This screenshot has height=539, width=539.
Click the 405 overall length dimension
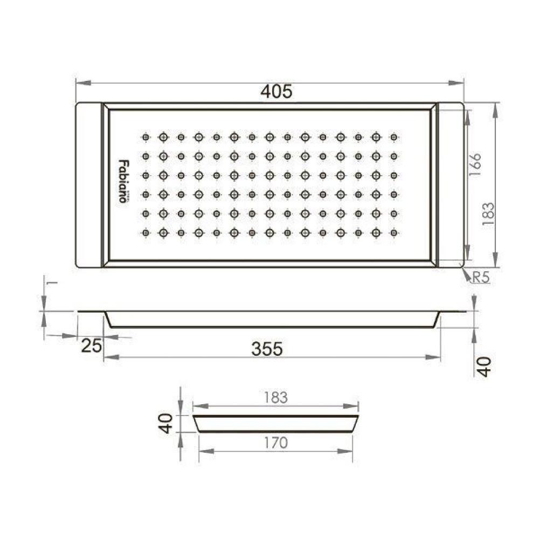tap(277, 92)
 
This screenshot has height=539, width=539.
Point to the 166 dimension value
tap(475, 165)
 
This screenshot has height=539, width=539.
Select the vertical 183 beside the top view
tap(488, 214)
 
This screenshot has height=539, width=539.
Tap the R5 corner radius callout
tap(481, 277)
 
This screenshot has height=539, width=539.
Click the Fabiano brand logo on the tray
tap(123, 181)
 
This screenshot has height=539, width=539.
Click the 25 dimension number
tap(92, 345)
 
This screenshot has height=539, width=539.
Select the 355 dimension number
tap(267, 349)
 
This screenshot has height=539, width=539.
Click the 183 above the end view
tap(275, 398)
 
